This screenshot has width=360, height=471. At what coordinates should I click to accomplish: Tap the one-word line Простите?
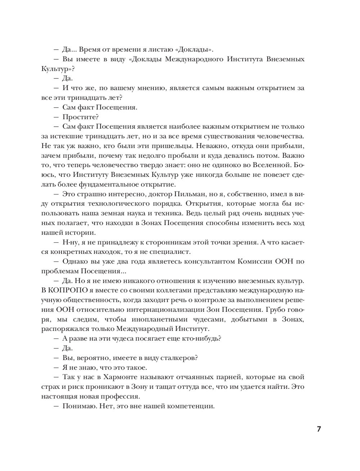tap(81, 117)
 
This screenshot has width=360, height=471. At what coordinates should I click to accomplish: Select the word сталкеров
tap(182, 358)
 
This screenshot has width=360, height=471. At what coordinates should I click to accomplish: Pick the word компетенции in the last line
tap(190, 406)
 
